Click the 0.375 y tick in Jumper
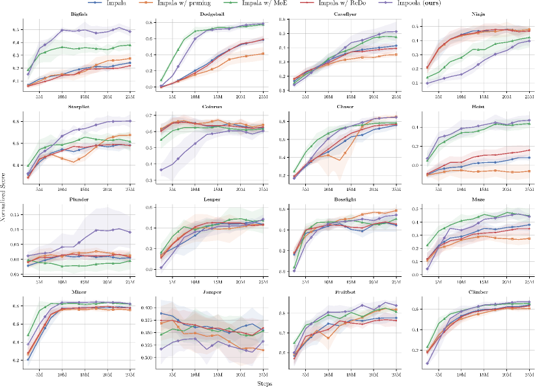click(x=145, y=320)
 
